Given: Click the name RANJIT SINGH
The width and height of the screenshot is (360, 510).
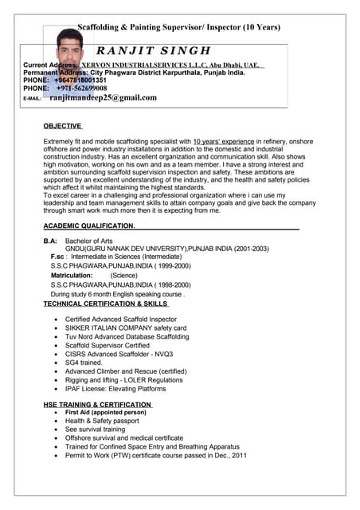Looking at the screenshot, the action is point(159,52).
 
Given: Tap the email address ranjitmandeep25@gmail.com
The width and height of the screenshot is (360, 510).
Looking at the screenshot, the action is point(103,98).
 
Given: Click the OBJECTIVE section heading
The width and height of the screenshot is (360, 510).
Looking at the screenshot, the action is point(63,126).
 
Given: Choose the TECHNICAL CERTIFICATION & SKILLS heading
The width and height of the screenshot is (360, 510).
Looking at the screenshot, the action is point(105,304).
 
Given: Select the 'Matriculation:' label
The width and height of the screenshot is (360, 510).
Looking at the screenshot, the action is point(72,275).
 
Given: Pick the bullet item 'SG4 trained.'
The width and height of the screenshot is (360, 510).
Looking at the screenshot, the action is point(84,362).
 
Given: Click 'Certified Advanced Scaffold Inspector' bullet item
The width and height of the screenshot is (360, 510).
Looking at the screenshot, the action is point(121,319).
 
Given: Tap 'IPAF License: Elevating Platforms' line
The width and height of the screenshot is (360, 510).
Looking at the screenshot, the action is point(115,388).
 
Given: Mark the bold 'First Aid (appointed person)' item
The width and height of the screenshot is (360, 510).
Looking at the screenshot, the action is point(105,412).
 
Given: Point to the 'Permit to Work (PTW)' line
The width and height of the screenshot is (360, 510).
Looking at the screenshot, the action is point(155,455).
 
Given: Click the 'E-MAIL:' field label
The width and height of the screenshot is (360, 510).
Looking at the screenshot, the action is point(33,99).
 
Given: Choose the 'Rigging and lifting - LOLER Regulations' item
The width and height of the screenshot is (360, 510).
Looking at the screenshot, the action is point(123,379).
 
